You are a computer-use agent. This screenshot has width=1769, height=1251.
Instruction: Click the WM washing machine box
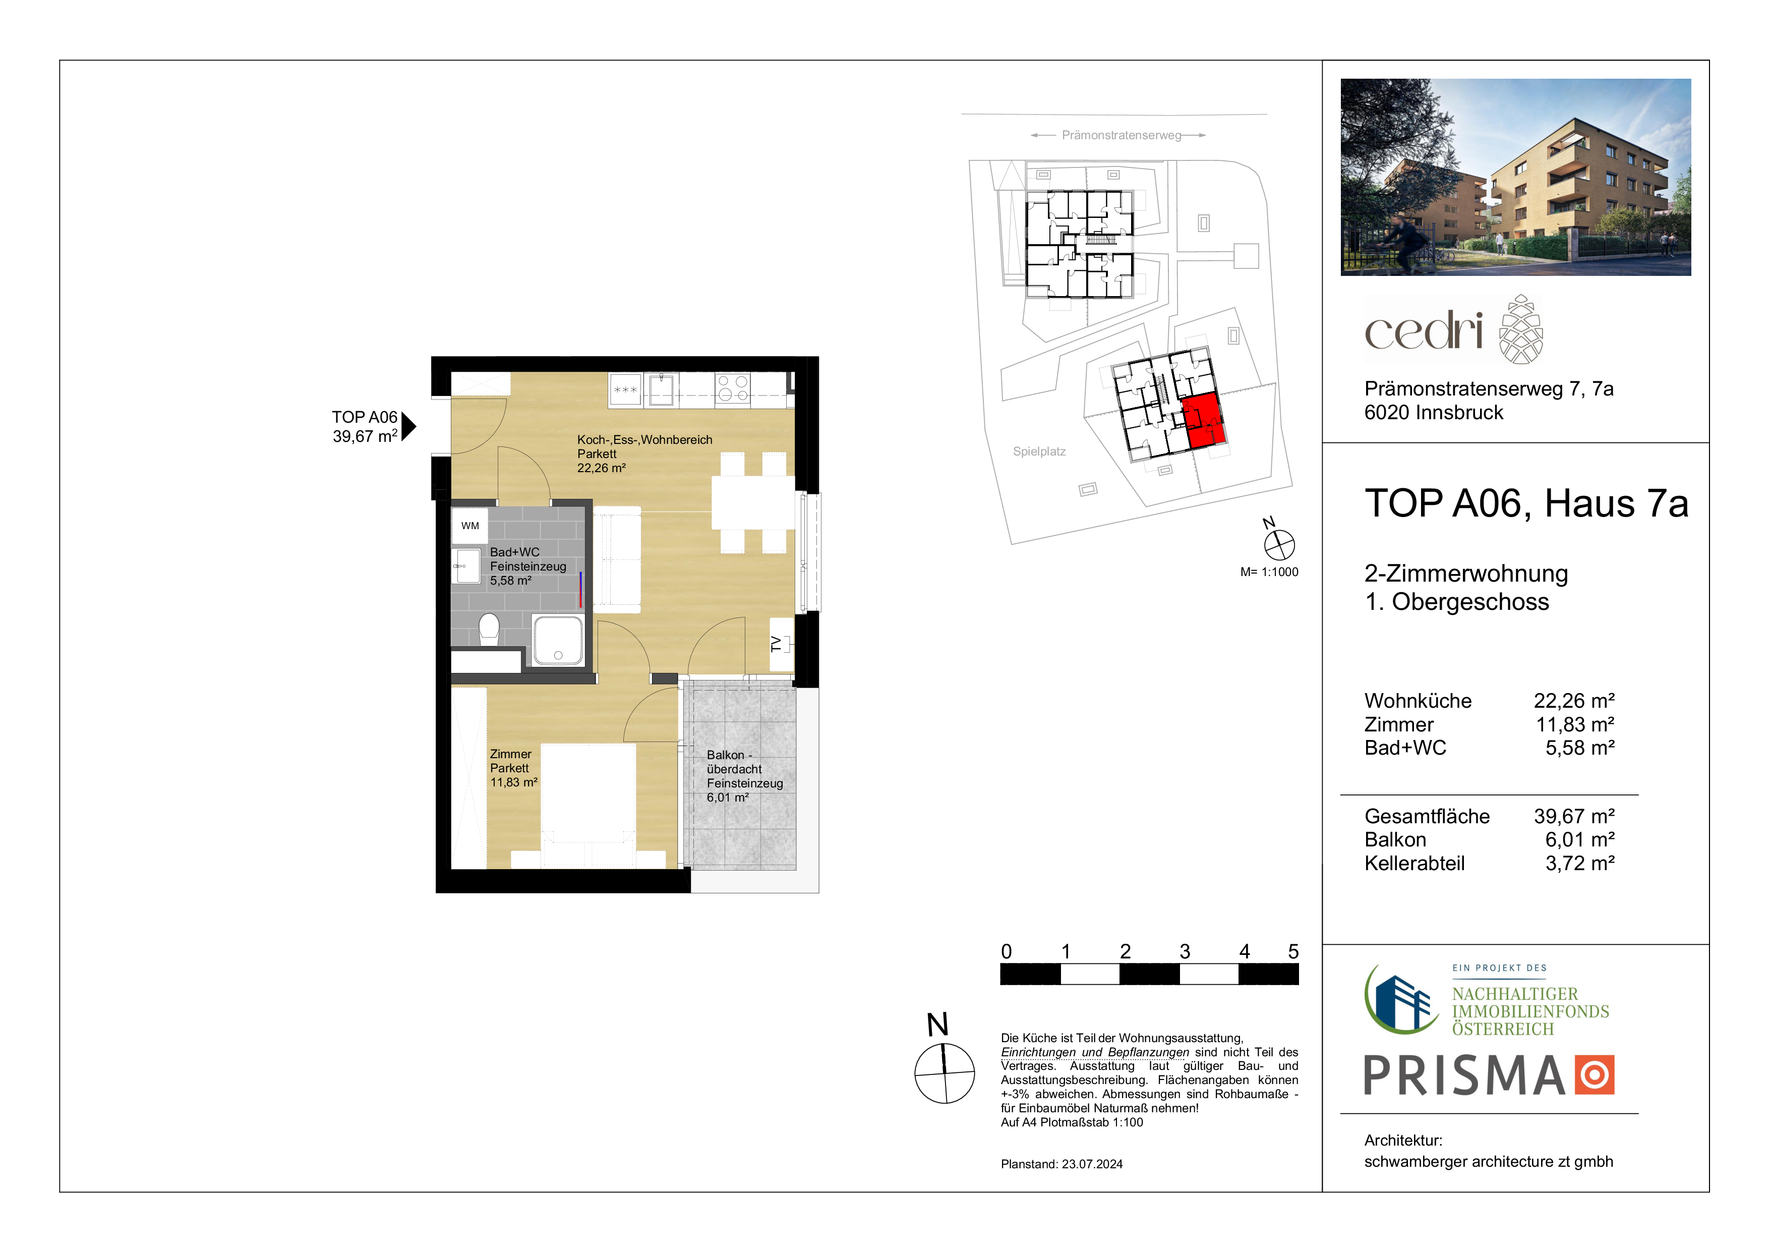(470, 526)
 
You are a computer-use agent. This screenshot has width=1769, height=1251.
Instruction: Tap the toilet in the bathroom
(489, 629)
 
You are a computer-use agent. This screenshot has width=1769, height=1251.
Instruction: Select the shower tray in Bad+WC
(558, 640)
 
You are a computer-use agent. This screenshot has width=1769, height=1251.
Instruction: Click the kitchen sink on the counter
(661, 389)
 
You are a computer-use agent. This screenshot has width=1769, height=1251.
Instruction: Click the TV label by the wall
(777, 644)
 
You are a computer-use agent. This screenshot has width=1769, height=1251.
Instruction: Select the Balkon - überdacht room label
(745, 776)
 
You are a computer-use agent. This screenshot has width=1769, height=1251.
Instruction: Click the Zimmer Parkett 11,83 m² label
(514, 768)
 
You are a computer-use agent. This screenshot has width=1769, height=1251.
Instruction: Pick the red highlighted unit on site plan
(1204, 421)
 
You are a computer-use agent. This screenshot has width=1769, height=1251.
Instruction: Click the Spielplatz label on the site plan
(1039, 451)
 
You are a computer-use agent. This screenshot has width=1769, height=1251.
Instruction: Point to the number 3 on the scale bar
(1185, 951)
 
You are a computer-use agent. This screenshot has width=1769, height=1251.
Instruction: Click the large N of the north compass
(937, 1025)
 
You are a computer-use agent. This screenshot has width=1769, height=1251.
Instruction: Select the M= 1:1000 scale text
(1269, 572)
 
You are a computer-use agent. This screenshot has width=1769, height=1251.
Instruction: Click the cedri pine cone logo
(1521, 329)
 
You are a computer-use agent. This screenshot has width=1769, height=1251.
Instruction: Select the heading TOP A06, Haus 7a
(1526, 503)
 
